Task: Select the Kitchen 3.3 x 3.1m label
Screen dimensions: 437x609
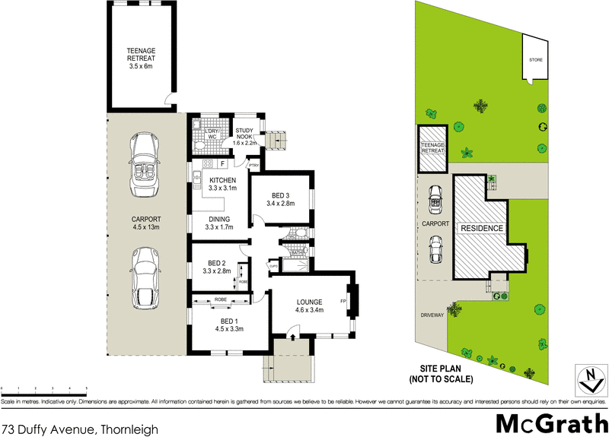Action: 223,184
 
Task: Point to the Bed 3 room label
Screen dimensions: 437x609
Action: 281,199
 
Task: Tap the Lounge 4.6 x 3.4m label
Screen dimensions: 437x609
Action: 311,306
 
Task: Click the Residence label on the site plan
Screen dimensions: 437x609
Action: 480,228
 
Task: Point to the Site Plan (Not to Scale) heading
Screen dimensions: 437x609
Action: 442,373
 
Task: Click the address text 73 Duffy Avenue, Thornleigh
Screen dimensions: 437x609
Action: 80,429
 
